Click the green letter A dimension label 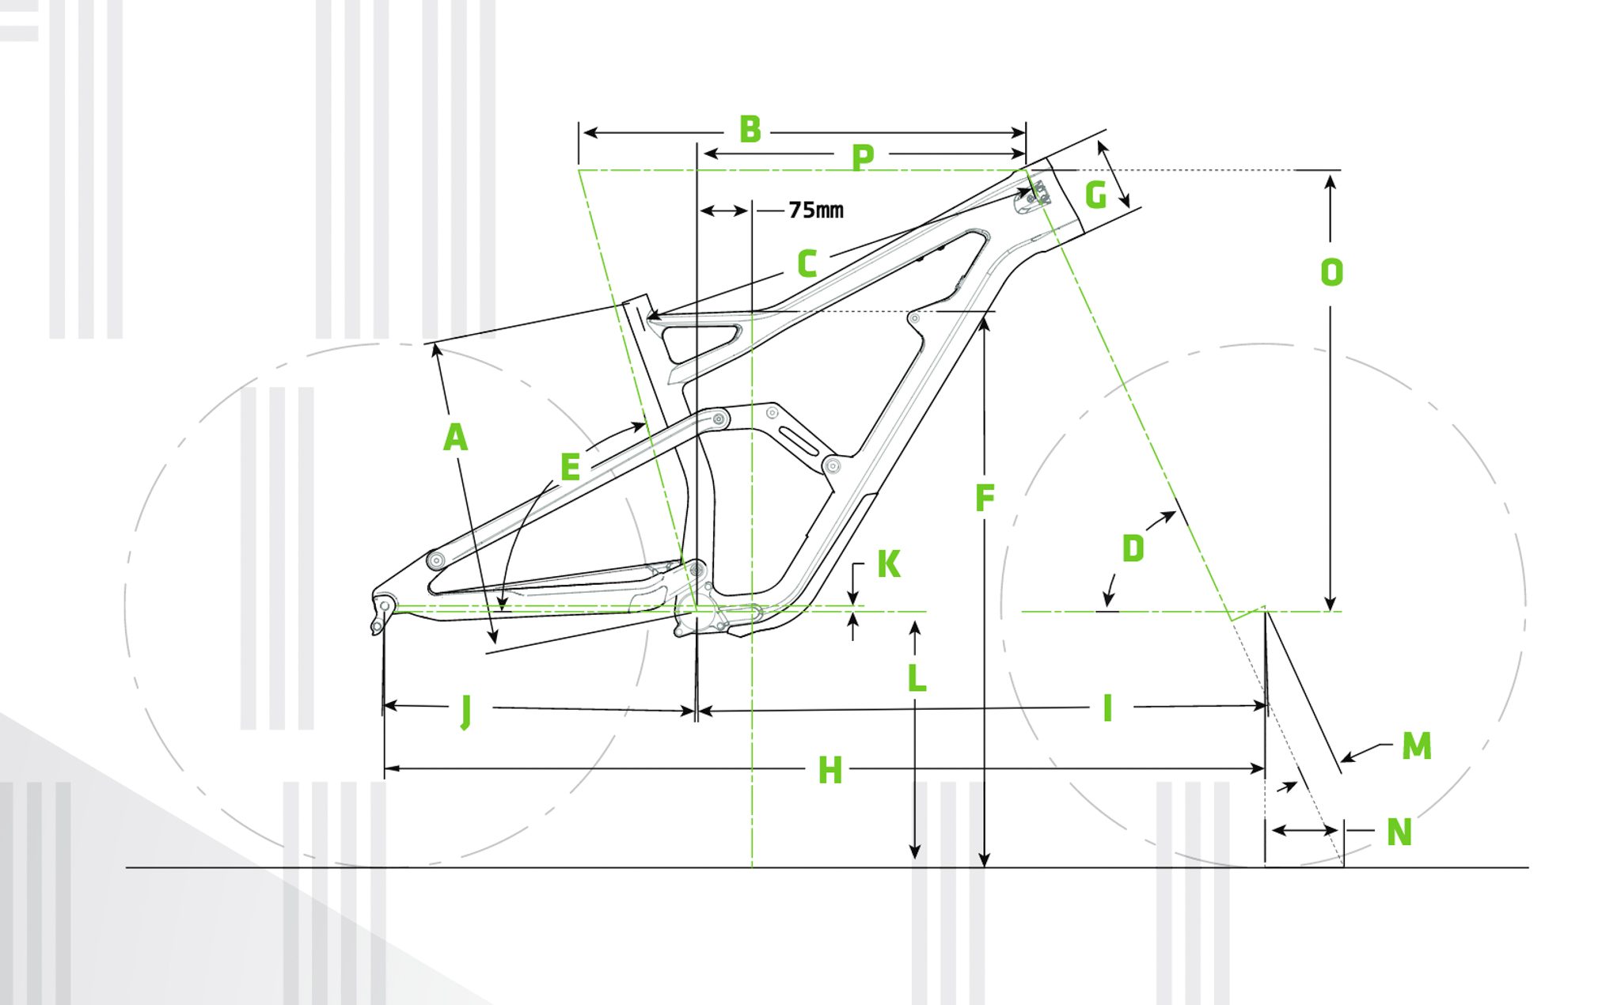click(x=455, y=438)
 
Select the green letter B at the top click(x=750, y=130)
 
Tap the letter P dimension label click(x=863, y=157)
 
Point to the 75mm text click(x=816, y=210)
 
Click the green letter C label click(x=807, y=264)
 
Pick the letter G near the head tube click(x=1095, y=195)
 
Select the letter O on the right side click(x=1331, y=273)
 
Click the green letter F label click(x=985, y=498)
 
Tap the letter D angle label click(x=1133, y=548)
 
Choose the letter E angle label click(x=570, y=467)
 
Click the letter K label click(x=889, y=564)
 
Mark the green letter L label click(x=917, y=678)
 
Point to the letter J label click(x=466, y=711)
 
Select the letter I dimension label click(x=1108, y=708)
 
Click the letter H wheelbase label click(x=829, y=771)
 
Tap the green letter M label click(x=1417, y=745)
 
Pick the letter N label click(x=1399, y=832)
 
